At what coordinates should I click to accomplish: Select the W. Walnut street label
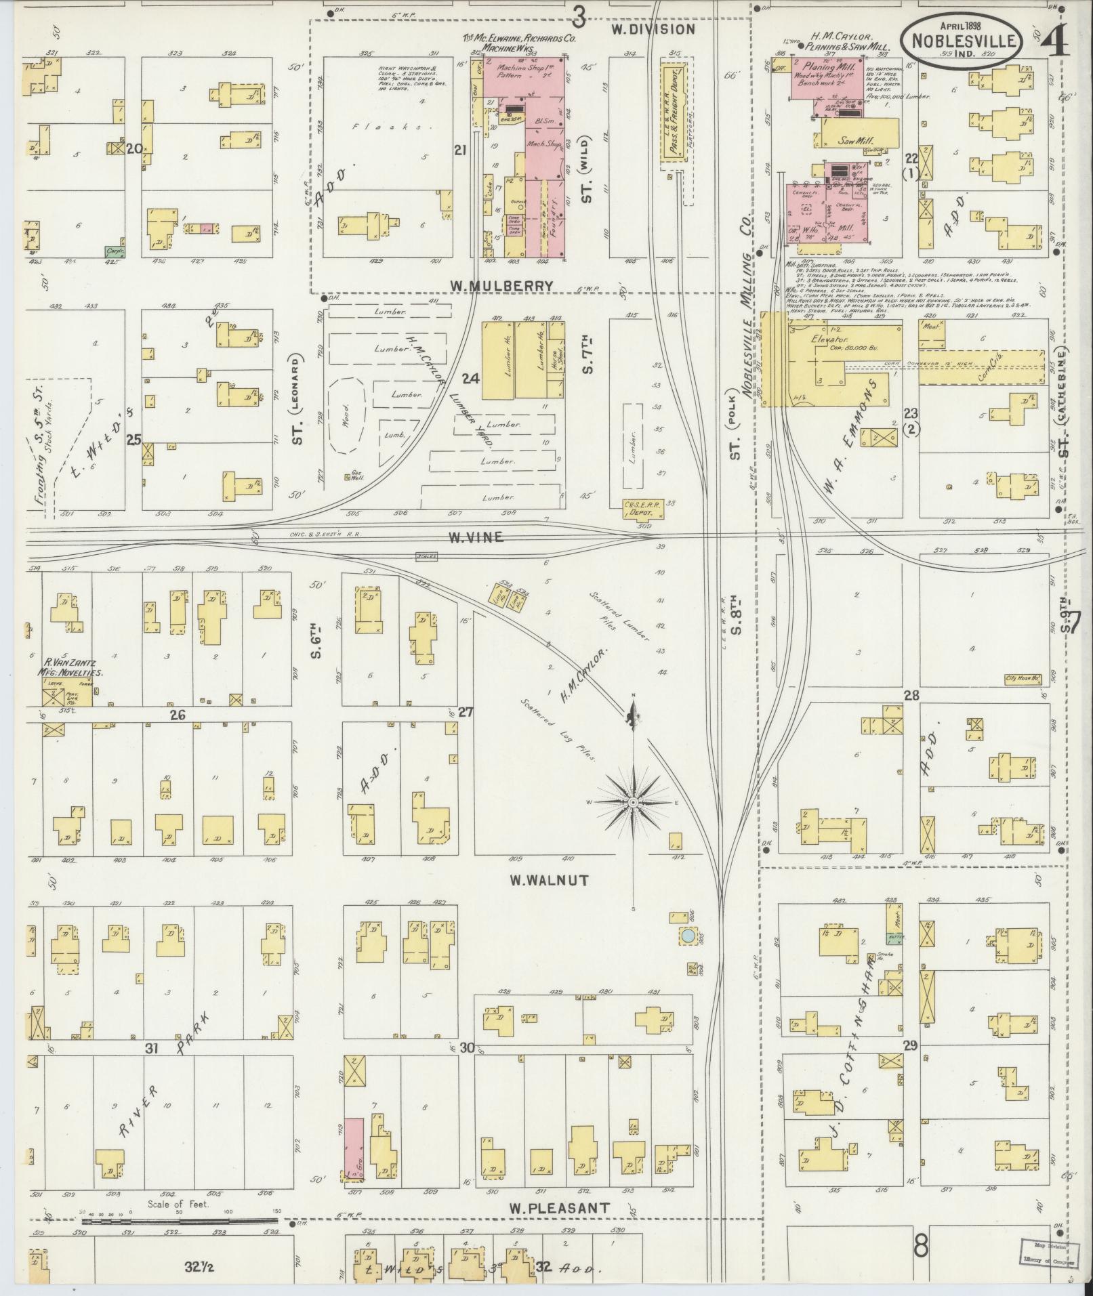click(549, 880)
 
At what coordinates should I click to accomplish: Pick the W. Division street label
click(653, 29)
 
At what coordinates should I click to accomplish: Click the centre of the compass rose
click(633, 802)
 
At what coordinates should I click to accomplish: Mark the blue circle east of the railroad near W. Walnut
click(687, 936)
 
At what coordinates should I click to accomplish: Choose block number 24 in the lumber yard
click(470, 378)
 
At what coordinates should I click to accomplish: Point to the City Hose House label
click(1023, 677)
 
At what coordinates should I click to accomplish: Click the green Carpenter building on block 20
click(114, 251)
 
